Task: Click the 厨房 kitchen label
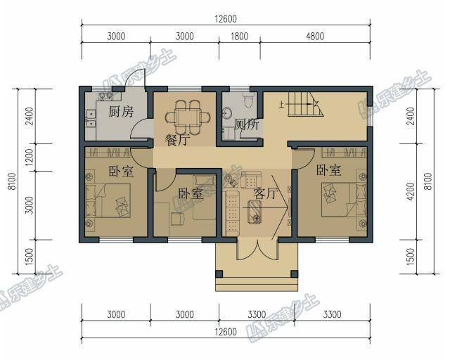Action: pyautogui.click(x=122, y=111)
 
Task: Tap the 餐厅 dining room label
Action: pyautogui.click(x=177, y=139)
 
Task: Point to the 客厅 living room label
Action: pyautogui.click(x=268, y=193)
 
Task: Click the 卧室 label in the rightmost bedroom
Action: pyautogui.click(x=328, y=170)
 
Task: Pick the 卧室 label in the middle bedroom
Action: pyautogui.click(x=190, y=193)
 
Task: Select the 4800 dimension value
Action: pyautogui.click(x=314, y=37)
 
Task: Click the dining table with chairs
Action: pyautogui.click(x=188, y=116)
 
